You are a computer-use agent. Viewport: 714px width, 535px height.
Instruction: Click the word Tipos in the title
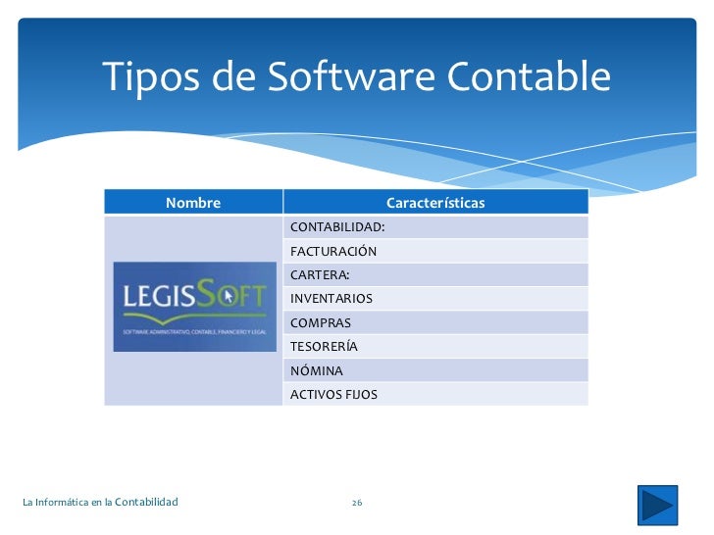[x=150, y=75]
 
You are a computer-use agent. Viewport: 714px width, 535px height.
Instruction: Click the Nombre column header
[x=193, y=203]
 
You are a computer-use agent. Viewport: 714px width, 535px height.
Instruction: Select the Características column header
[x=435, y=203]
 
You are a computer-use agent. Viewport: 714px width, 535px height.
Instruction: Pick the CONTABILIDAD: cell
[x=337, y=227]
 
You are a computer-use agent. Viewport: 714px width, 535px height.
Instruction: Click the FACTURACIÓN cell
[x=333, y=251]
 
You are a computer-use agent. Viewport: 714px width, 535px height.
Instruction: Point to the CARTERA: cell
[x=320, y=274]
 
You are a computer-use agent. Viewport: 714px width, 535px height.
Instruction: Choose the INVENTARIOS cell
[x=331, y=299]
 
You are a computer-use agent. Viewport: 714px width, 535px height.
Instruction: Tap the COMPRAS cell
[x=320, y=322]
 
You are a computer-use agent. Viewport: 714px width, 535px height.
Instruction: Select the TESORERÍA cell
[x=324, y=346]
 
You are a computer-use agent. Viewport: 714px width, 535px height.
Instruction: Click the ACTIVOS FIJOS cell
[x=333, y=395]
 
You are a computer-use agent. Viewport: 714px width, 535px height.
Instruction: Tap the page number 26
[x=357, y=503]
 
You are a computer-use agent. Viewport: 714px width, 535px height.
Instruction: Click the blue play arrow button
[x=656, y=505]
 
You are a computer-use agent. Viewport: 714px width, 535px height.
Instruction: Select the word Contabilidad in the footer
[x=146, y=503]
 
